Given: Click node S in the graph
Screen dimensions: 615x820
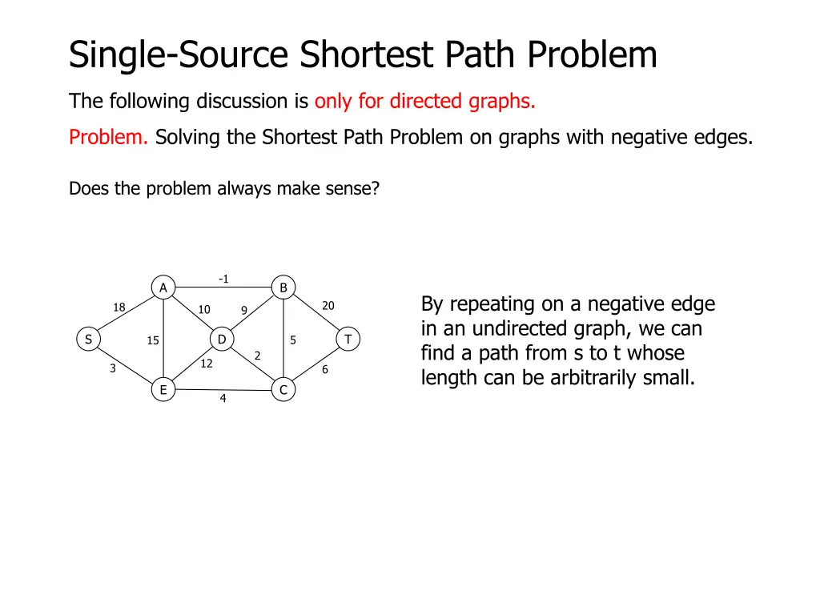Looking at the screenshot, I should click(x=87, y=340).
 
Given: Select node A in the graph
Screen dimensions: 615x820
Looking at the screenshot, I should click(x=163, y=287).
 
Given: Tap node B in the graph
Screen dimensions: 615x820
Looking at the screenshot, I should click(x=283, y=287).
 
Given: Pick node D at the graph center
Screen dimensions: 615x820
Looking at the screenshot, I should click(x=222, y=340).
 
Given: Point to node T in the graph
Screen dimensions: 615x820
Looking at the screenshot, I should click(x=348, y=340).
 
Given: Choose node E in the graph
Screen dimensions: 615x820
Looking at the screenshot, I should click(x=163, y=390).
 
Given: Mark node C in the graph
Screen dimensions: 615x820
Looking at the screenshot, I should click(x=283, y=390).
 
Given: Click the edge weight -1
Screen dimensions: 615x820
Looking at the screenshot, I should click(x=223, y=279).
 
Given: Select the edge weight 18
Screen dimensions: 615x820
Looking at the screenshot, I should click(x=119, y=307).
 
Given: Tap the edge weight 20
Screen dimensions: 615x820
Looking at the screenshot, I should click(x=328, y=306).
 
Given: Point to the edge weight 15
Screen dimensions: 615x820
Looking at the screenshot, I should click(x=153, y=341).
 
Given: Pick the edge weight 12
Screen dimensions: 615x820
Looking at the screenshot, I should click(x=207, y=364).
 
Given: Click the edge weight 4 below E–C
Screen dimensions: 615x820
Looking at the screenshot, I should click(x=223, y=399).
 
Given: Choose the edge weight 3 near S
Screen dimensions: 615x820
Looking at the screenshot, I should click(x=113, y=369).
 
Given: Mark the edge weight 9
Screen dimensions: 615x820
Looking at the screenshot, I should click(x=244, y=310).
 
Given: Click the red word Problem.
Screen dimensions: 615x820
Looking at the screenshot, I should click(x=108, y=138).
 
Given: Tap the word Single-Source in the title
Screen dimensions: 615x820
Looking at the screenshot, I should click(x=179, y=55).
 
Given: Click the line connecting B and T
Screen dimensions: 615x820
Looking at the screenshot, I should click(x=316, y=314).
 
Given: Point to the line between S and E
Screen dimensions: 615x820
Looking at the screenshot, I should click(x=125, y=364).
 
